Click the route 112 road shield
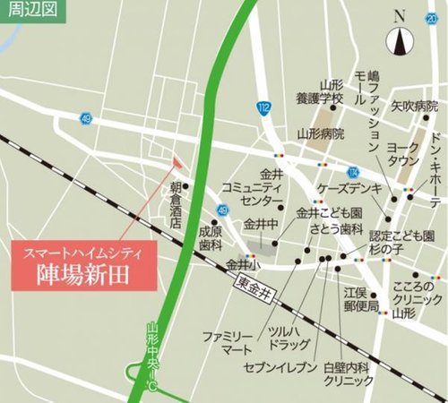coord(262,108)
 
